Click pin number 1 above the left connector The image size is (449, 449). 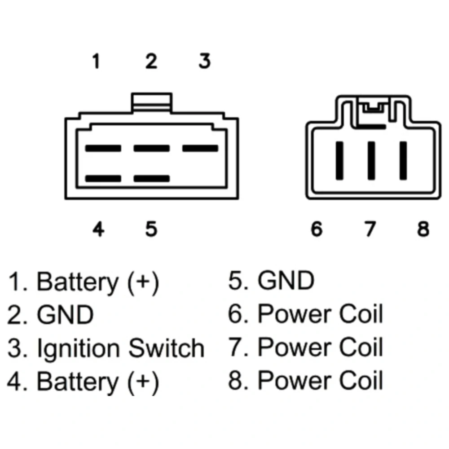point(97,61)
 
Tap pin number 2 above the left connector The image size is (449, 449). point(151,61)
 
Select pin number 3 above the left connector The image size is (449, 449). point(205,61)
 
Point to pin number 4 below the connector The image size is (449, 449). point(98,229)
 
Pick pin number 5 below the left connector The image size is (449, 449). point(151,229)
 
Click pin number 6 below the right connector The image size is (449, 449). point(317,229)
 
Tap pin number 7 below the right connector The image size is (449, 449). point(370,229)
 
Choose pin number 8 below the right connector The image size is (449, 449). point(423,229)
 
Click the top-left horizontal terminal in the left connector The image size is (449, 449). point(103,148)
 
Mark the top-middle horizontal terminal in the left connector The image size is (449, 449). point(151,148)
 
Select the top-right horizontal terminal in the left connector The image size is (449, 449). point(200,148)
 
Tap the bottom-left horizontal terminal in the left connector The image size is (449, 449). point(103,179)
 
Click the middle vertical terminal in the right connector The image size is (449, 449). point(371,161)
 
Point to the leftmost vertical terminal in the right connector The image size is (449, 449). point(339,161)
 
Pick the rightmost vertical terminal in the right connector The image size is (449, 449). point(403,161)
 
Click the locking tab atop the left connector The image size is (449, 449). point(151,102)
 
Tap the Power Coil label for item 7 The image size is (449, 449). point(321,347)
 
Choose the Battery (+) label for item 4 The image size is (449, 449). point(98,382)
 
